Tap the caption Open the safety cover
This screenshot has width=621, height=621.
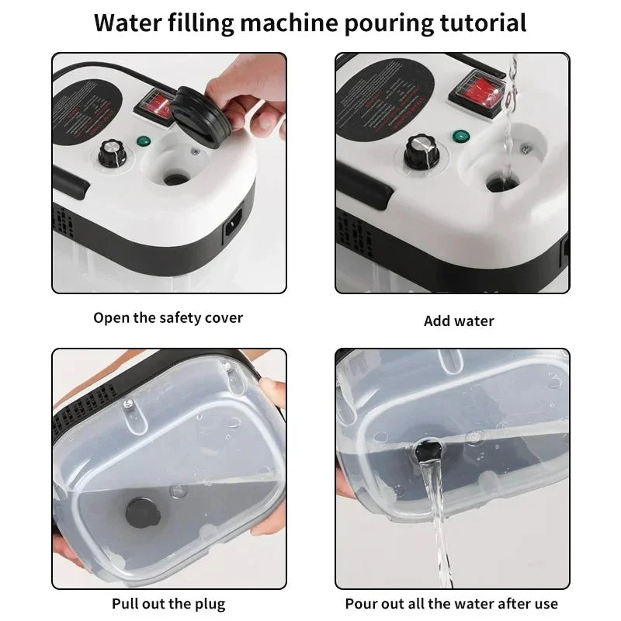point(168,317)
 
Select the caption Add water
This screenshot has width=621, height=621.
point(459,321)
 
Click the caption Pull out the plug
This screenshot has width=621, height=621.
point(168,603)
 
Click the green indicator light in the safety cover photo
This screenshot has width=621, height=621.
point(142,142)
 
